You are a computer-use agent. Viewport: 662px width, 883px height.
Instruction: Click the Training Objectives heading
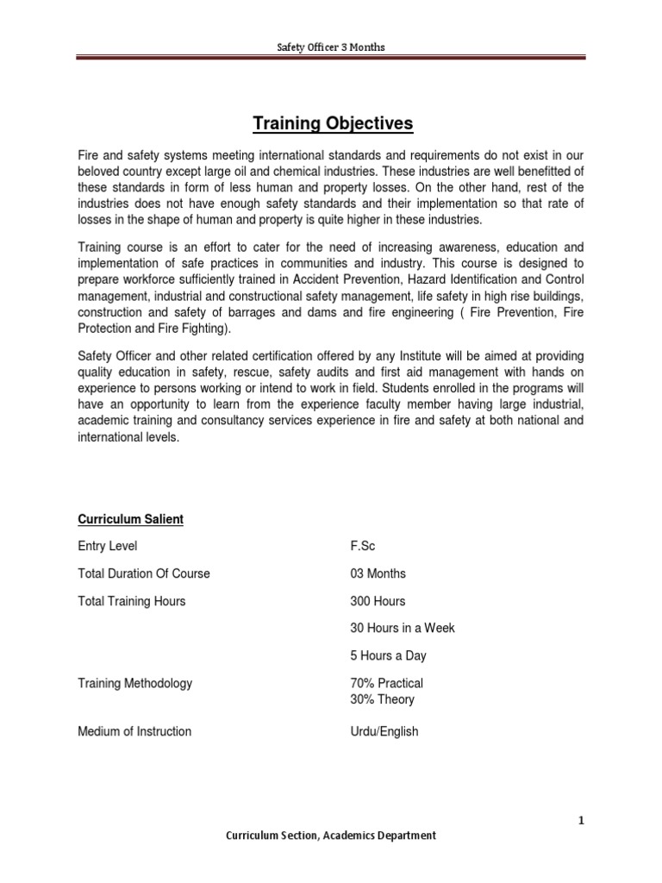[x=333, y=124]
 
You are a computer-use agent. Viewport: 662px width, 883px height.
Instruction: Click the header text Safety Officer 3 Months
[x=331, y=47]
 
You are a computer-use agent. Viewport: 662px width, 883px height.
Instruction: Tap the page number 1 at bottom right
[x=582, y=820]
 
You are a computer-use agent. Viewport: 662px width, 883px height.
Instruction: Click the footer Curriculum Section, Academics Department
[x=330, y=835]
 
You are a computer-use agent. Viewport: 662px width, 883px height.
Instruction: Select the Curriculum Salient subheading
[x=130, y=519]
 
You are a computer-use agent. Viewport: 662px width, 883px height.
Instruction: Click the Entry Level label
[x=108, y=546]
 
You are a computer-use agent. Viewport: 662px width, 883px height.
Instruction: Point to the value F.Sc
[x=363, y=546]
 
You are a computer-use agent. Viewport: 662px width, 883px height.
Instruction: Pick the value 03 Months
[x=378, y=573]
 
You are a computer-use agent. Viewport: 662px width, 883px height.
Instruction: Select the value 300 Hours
[x=378, y=601]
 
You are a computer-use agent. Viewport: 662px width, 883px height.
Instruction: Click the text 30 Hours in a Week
[x=402, y=628]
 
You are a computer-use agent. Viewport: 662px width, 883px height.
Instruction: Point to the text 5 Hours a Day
[x=388, y=655]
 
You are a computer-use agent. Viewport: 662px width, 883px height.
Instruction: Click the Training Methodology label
[x=135, y=683]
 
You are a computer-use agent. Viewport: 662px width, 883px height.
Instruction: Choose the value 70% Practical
[x=386, y=683]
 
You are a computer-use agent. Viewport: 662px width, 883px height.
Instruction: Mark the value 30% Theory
[x=382, y=699]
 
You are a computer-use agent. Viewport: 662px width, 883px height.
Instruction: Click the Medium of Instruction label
[x=134, y=731]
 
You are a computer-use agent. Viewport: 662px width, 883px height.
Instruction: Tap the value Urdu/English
[x=384, y=731]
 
